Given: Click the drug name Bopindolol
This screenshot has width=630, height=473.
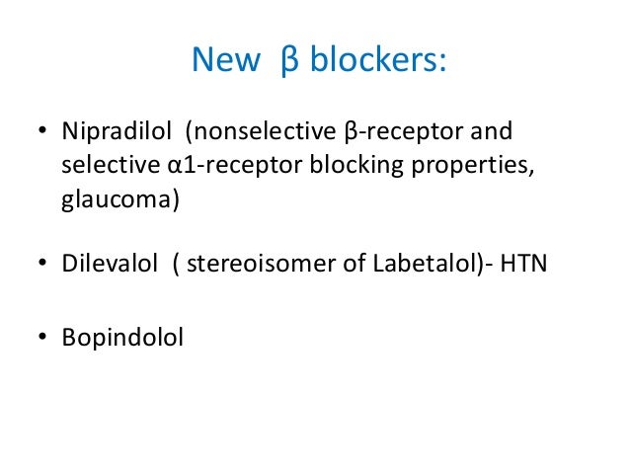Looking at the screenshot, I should (122, 338).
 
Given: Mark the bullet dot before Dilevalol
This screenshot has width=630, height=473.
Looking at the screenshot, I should (42, 264).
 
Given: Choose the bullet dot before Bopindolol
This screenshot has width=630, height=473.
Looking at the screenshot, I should (42, 339).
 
